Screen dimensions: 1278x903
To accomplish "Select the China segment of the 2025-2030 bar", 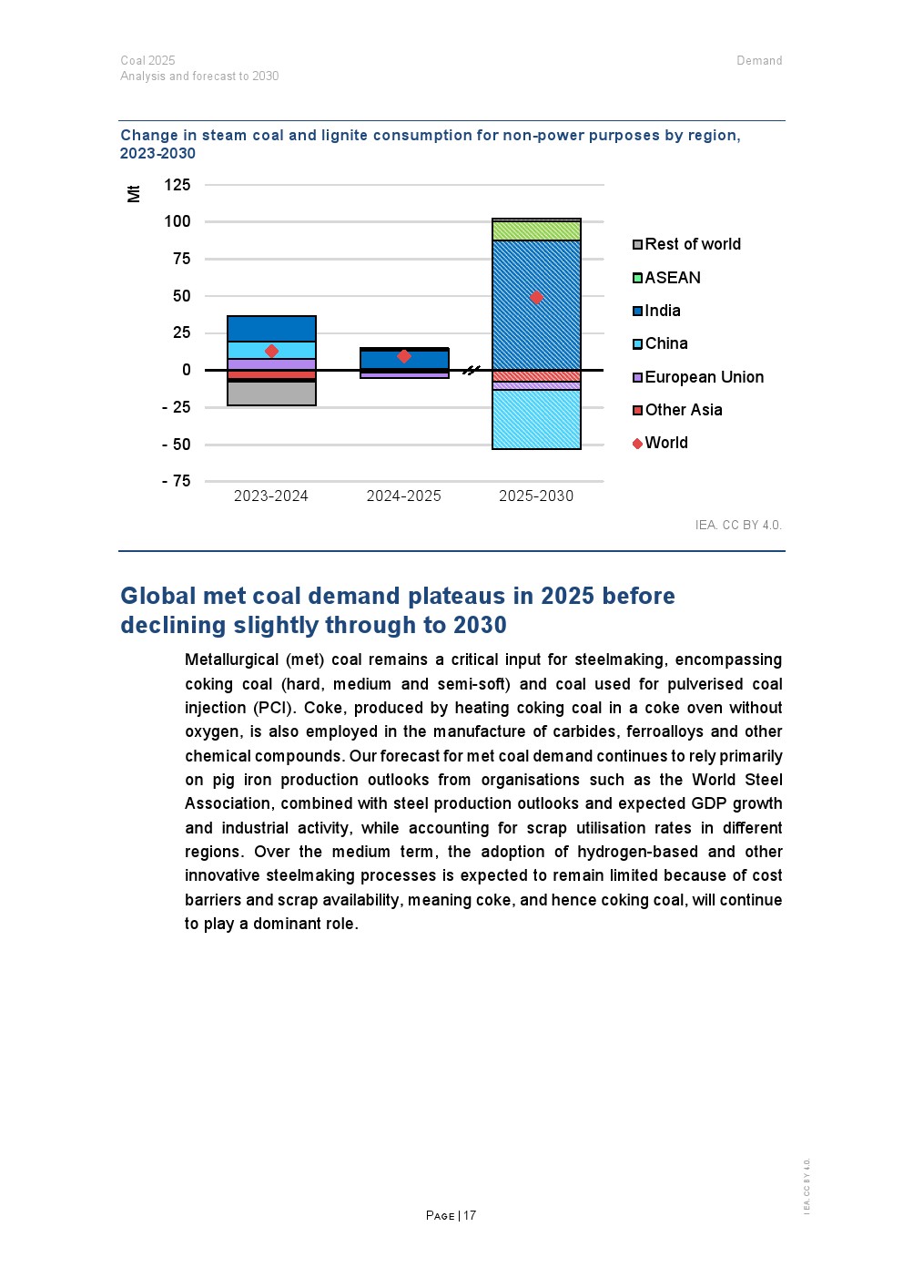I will (x=536, y=419).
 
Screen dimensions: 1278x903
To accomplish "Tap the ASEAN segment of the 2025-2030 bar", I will (x=536, y=230).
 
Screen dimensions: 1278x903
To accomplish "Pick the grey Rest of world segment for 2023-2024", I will (x=271, y=393).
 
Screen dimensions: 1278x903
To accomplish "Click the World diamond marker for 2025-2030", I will (x=536, y=297).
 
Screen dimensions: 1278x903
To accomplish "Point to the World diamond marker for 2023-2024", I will (x=271, y=351).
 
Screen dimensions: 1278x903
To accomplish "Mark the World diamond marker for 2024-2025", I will (x=404, y=356).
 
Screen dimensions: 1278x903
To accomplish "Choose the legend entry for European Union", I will (x=704, y=377).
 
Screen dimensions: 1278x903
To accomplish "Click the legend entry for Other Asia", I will (x=683, y=410).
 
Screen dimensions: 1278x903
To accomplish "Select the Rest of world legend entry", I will (x=692, y=244).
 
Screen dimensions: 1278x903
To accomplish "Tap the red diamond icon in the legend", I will (x=637, y=444).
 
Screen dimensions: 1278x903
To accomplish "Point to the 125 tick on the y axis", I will (x=178, y=185).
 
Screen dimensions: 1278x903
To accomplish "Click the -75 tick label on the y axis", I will (x=177, y=481).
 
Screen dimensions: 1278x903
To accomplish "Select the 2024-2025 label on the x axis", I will (x=403, y=496).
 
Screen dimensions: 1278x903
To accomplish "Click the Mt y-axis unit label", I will (x=134, y=193).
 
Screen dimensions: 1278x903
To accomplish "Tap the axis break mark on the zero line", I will (x=471, y=370).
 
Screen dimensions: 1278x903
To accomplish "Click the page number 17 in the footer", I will (x=470, y=1215).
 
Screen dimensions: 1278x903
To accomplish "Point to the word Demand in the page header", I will (x=759, y=61).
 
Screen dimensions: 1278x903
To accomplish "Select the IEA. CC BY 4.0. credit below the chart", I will (x=738, y=525).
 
